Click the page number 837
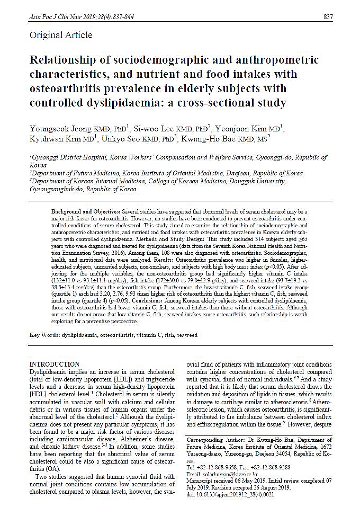click(x=328, y=17)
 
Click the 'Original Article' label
click(x=61, y=35)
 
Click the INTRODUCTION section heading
click(x=55, y=364)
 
